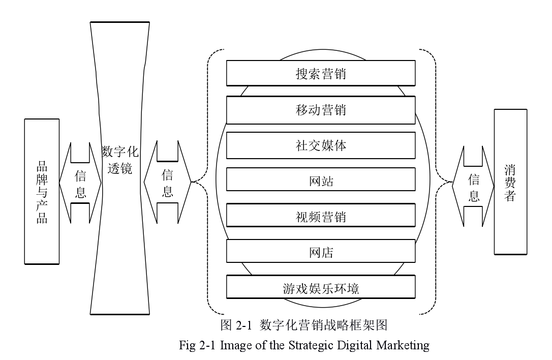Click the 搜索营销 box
[x=321, y=73]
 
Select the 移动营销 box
[x=321, y=109]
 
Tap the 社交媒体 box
[x=321, y=145]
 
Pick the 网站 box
[x=321, y=181]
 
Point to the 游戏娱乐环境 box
[x=321, y=288]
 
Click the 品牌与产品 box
[x=42, y=192]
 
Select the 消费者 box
[x=510, y=182]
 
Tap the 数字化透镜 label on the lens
[x=120, y=160]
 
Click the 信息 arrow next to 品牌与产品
[x=80, y=184]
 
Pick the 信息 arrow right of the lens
[x=167, y=183]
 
